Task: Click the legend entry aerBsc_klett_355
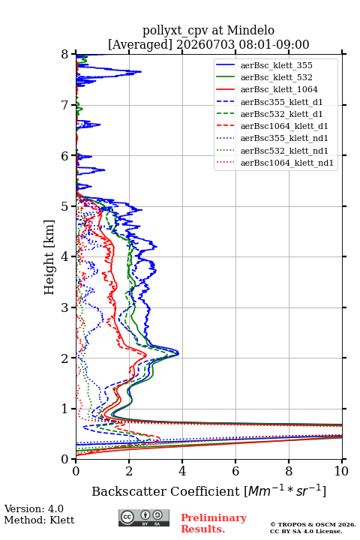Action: click(276, 65)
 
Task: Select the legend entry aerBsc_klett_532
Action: click(276, 77)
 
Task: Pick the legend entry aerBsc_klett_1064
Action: click(279, 89)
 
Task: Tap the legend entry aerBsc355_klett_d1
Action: click(281, 102)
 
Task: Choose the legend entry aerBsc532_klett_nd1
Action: click(284, 151)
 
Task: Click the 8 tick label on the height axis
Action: click(65, 55)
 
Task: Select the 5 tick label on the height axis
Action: click(65, 206)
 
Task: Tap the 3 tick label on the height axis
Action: click(65, 307)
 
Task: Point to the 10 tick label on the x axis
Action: click(341, 471)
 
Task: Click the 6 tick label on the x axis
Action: click(235, 471)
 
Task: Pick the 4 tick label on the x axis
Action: click(182, 471)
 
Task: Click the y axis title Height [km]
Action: click(49, 257)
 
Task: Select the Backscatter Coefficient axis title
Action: click(208, 490)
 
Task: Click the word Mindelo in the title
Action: click(250, 31)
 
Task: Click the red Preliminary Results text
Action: click(214, 523)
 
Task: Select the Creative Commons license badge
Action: click(144, 518)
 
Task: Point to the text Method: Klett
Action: click(39, 520)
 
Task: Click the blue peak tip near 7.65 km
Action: click(141, 72)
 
